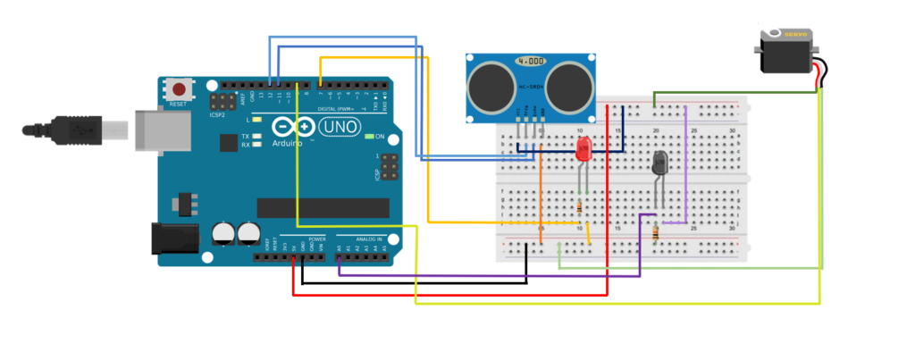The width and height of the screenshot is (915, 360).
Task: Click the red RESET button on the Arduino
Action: [180, 89]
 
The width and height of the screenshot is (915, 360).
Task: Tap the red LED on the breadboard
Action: [583, 151]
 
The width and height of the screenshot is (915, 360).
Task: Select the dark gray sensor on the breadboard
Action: [660, 163]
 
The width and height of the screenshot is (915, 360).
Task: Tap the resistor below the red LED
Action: [583, 207]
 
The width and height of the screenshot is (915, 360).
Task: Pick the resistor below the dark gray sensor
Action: [659, 233]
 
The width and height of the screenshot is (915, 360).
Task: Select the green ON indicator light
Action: [368, 137]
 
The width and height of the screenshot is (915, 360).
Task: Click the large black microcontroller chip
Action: [323, 207]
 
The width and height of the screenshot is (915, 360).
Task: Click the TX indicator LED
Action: [256, 137]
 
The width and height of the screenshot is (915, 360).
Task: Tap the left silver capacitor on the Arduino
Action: [222, 233]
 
